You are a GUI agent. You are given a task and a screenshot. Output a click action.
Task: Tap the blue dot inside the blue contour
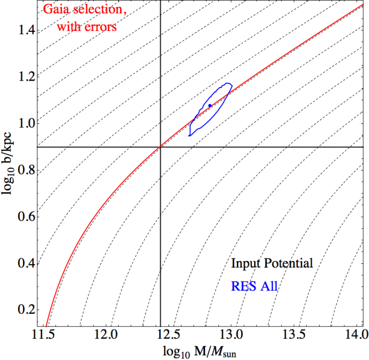pos(210,105)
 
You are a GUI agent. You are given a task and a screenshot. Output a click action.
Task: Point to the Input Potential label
pos(272,264)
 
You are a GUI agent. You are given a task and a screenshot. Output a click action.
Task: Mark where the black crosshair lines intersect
pos(161,147)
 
